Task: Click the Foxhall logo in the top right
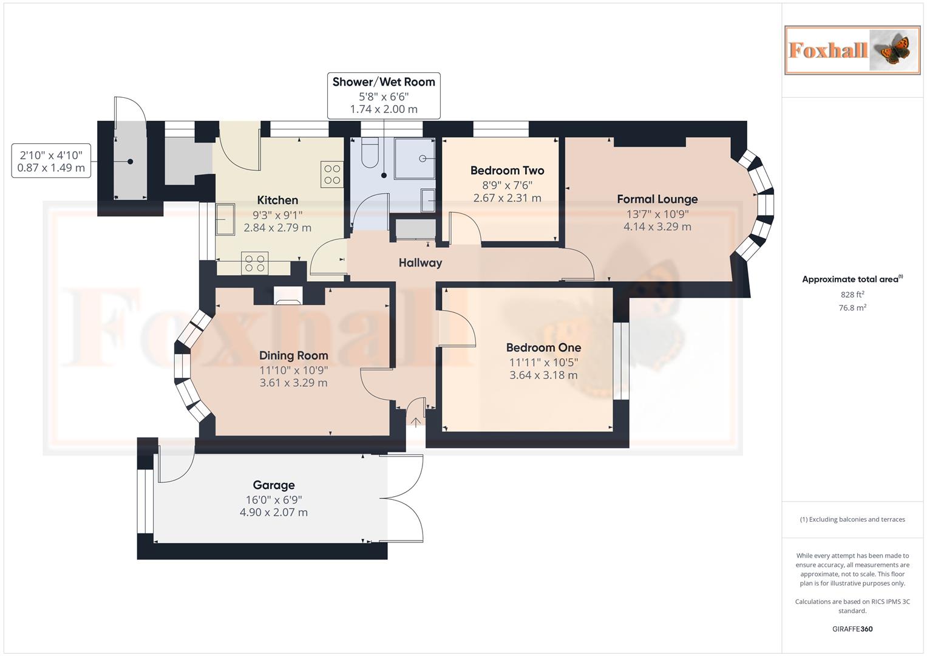pos(852,50)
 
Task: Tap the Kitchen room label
pos(277,200)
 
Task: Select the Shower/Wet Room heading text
pos(384,82)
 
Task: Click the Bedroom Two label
pos(507,171)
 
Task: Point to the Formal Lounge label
pos(657,199)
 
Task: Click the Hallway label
pos(420,263)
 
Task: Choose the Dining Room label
pos(293,355)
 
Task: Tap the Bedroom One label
pos(543,347)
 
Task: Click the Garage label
pos(274,485)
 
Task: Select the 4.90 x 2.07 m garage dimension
pos(274,513)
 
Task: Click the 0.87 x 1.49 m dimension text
pos(51,168)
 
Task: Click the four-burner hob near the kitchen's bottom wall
pos(254,263)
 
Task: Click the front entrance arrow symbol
pos(416,422)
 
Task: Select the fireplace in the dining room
pos(288,295)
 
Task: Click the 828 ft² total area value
pos(852,295)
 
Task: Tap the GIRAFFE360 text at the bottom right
pos(852,629)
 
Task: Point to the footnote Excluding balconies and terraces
pos(852,519)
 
